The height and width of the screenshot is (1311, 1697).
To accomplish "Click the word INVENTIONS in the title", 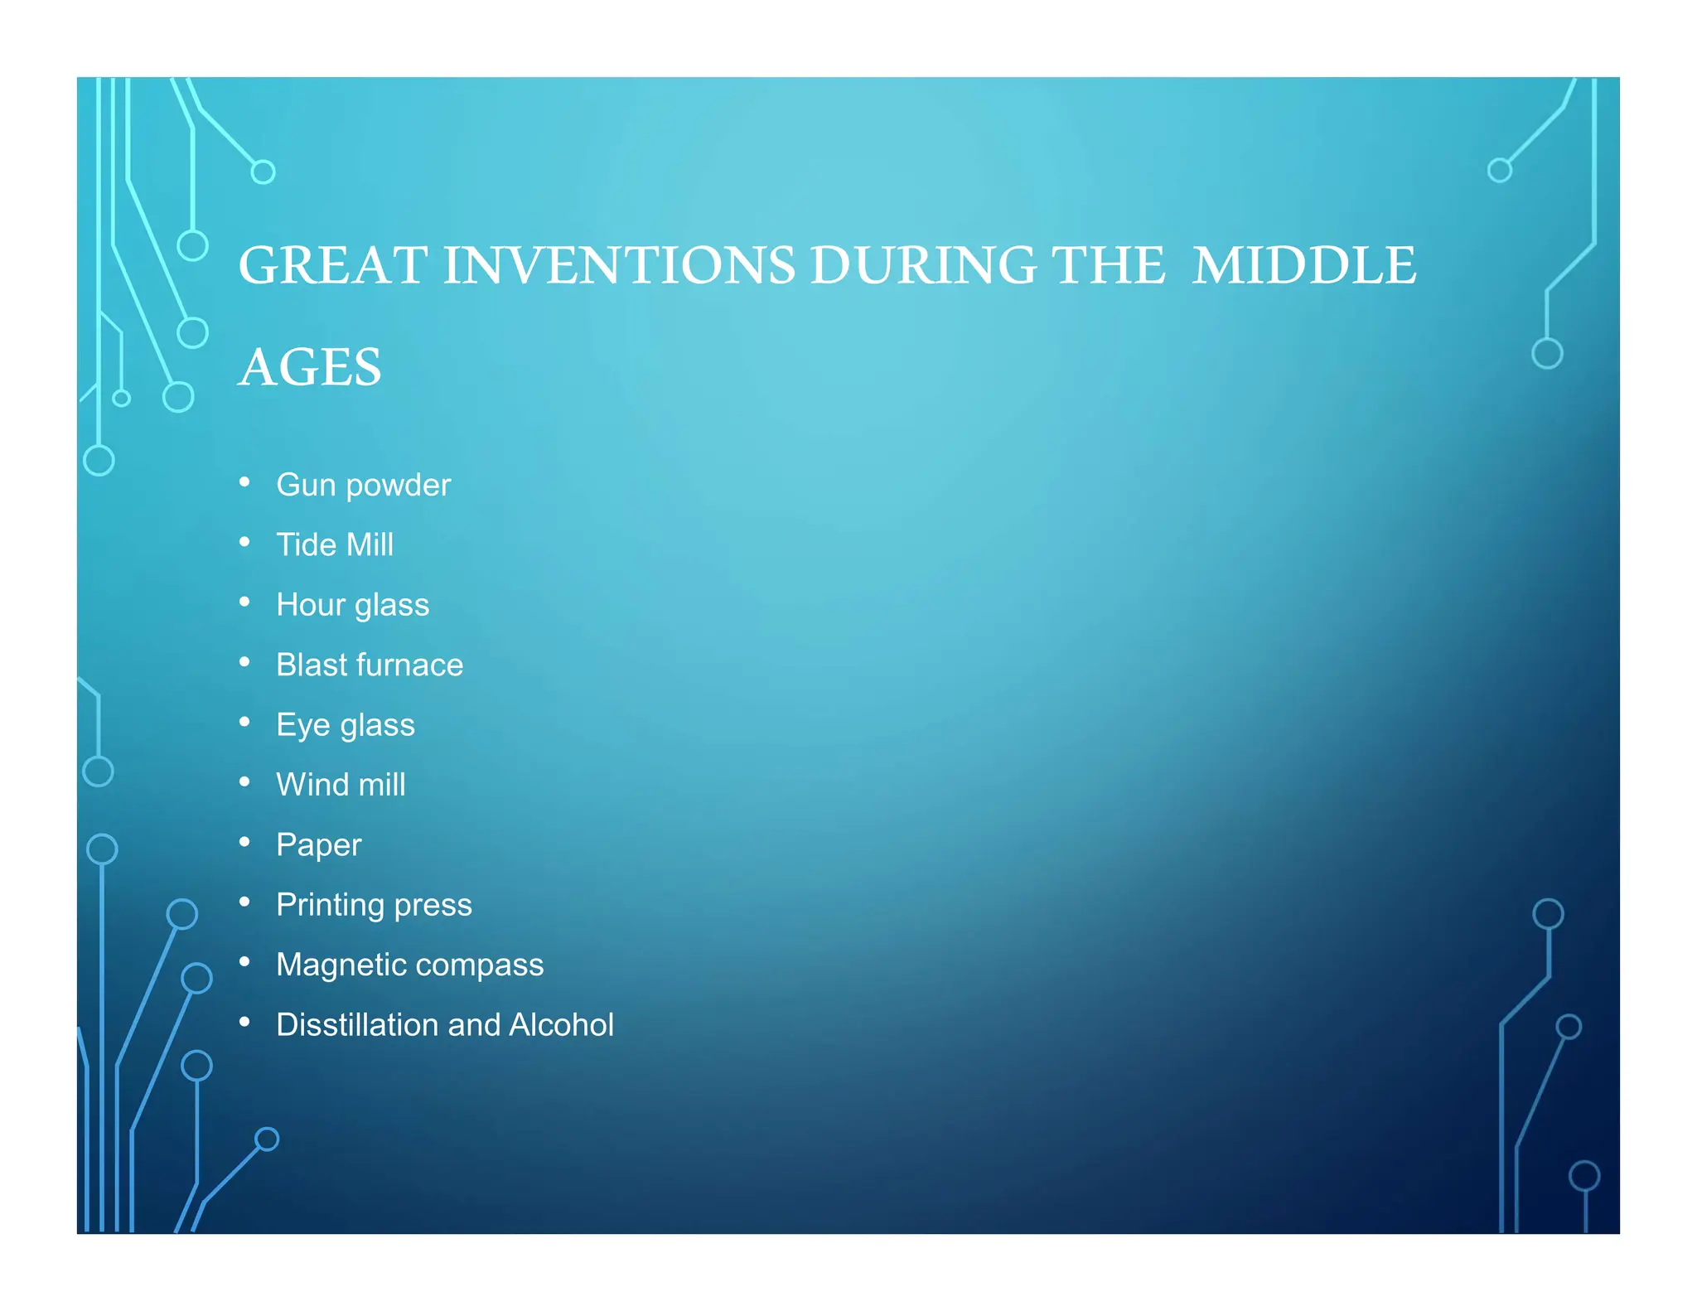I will (x=618, y=266).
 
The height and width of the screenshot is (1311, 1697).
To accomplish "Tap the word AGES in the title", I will (x=310, y=367).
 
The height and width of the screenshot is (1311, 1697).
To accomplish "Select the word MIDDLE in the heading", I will (x=1303, y=266).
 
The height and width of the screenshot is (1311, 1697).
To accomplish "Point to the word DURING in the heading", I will (x=922, y=266).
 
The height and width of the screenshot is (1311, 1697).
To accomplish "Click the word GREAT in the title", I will (x=332, y=266).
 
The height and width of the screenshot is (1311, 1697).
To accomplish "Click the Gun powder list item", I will (x=363, y=485).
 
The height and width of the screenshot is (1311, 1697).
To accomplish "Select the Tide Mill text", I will (x=335, y=544).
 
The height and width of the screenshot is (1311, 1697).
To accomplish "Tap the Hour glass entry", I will (x=352, y=605).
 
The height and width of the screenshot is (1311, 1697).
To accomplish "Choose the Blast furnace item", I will (x=370, y=665).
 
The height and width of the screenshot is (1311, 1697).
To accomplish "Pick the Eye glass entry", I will (x=345, y=725).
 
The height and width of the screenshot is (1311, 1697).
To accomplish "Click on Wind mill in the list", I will (x=341, y=785).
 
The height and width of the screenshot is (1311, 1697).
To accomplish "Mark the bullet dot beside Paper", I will (x=244, y=842).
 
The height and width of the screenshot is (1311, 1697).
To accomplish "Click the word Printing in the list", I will (x=330, y=905).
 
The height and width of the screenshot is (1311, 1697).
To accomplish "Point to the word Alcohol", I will (x=561, y=1025).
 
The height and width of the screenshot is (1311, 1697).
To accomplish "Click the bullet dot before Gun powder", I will (x=244, y=482).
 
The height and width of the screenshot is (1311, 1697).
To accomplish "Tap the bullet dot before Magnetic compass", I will (x=244, y=962).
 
